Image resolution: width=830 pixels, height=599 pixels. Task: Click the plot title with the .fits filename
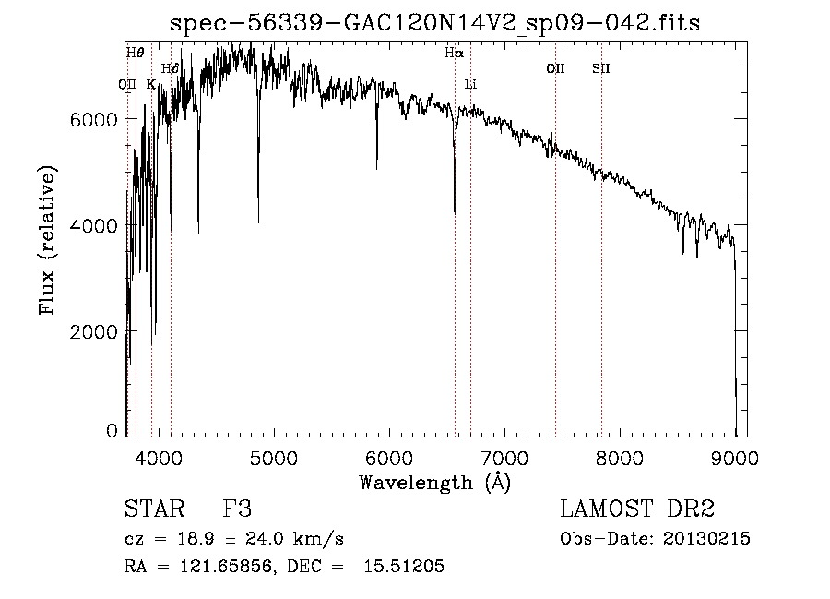[441, 24]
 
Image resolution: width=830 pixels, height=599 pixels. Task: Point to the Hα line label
[453, 54]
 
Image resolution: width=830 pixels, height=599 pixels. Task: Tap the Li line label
[470, 84]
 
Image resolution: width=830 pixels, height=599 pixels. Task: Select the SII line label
[601, 68]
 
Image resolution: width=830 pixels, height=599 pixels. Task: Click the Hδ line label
[169, 68]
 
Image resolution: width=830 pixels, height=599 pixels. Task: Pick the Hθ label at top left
[135, 53]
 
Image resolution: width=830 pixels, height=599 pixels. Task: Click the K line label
[151, 84]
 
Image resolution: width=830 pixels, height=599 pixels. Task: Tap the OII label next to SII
[555, 68]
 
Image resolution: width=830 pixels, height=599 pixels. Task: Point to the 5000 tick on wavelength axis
[273, 456]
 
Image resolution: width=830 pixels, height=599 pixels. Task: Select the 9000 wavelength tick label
[735, 456]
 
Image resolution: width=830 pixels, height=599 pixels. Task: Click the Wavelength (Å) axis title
[434, 482]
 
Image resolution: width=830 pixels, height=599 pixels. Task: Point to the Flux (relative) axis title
[47, 240]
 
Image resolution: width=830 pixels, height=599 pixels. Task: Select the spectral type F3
[237, 510]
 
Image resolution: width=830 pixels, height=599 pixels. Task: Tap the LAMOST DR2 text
[637, 510]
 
